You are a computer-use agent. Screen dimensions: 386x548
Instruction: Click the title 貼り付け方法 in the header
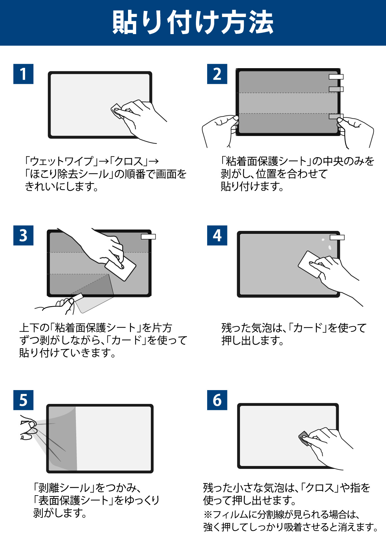193,23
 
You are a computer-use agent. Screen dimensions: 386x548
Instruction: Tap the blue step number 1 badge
23,74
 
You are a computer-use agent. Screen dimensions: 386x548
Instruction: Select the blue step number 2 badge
217,74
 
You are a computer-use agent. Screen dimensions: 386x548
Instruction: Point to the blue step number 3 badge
23,235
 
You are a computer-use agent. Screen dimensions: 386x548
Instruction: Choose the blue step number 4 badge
217,235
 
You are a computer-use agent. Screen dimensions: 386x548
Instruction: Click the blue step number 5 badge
23,400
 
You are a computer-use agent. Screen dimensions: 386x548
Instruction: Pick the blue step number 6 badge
217,400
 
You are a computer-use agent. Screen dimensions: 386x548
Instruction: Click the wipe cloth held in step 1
117,111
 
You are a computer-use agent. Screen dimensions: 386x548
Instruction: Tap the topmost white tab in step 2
336,77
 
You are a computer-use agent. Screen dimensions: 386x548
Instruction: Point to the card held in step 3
120,268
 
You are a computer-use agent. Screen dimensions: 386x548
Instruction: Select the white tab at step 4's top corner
337,237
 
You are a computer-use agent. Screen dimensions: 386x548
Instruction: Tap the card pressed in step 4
309,264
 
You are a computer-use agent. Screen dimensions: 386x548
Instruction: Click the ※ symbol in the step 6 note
208,515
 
